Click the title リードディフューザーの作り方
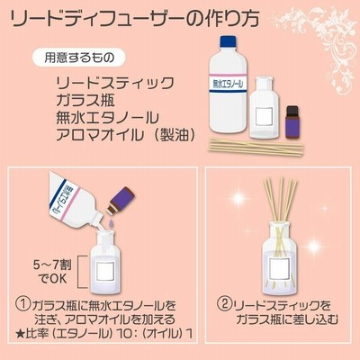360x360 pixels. (x=135, y=19)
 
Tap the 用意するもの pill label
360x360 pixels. (x=78, y=58)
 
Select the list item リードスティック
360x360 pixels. (x=115, y=84)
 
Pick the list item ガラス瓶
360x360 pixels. (x=85, y=101)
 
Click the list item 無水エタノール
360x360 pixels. (x=107, y=118)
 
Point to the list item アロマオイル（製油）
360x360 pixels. (x=126, y=135)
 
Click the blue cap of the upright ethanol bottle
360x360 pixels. (x=229, y=41)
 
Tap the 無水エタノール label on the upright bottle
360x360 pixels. (x=229, y=83)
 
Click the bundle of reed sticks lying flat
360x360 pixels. (x=256, y=146)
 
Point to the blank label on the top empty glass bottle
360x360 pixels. (x=264, y=117)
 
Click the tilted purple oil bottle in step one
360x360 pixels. (x=121, y=201)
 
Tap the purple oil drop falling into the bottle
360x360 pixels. (x=112, y=222)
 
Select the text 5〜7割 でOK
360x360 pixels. (x=53, y=272)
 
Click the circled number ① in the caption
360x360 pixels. (x=23, y=305)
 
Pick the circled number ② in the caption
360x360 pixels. (x=225, y=305)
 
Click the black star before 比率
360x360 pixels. (x=19, y=334)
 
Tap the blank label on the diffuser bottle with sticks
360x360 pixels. (x=280, y=268)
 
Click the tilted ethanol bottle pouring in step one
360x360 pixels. (x=75, y=204)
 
